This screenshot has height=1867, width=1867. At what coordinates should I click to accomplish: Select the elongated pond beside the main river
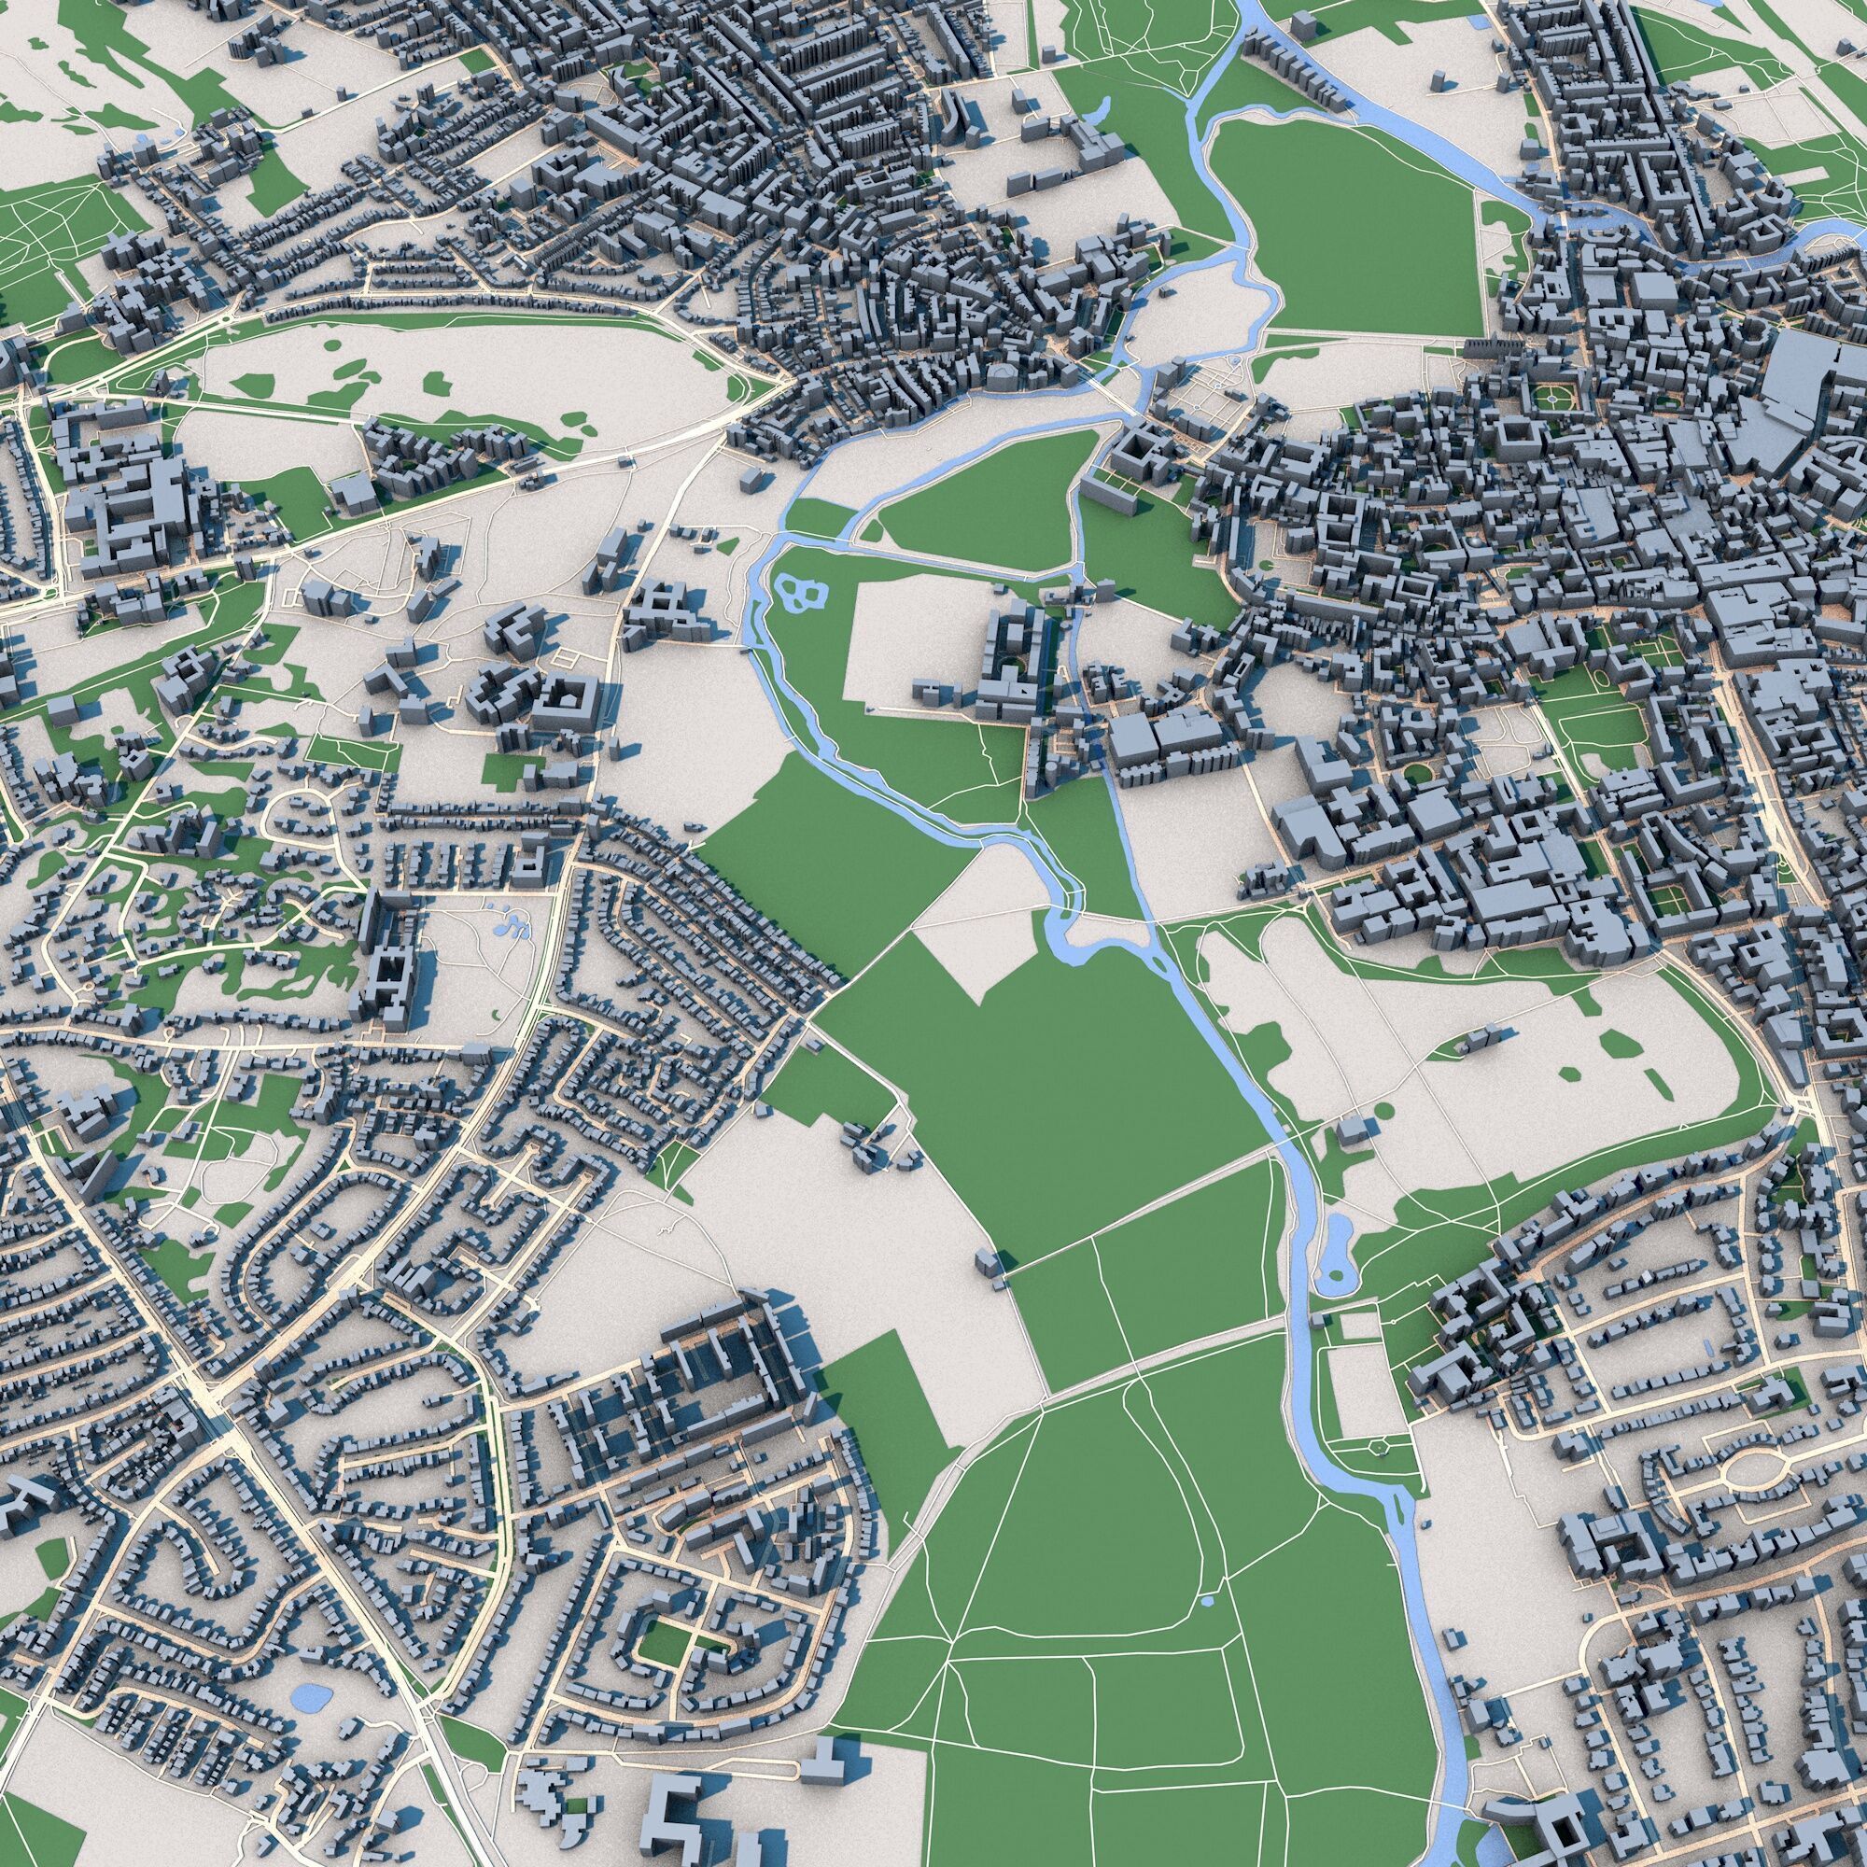pos(1338,1254)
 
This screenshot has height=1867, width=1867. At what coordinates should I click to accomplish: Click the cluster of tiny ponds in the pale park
pos(509,927)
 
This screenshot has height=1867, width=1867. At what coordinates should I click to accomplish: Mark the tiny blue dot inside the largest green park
pos(1208,1603)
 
